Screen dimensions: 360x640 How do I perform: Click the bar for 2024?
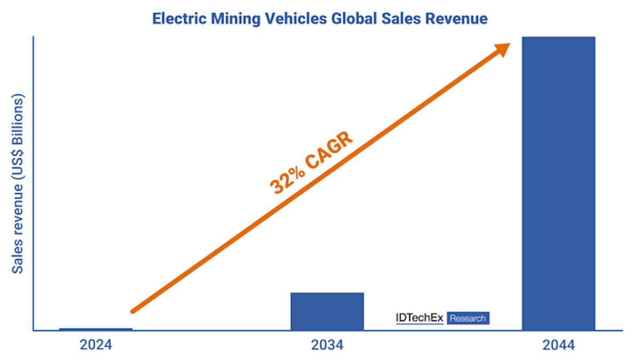click(96, 329)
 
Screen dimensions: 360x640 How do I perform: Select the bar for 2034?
click(327, 311)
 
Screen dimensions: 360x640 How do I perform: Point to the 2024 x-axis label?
click(96, 345)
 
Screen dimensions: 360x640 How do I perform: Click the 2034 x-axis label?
click(327, 345)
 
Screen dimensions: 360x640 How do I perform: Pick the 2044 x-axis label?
click(559, 345)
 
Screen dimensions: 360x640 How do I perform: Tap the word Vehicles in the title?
click(291, 19)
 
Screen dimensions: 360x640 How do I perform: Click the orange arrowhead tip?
click(508, 45)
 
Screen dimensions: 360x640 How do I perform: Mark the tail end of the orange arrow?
click(133, 311)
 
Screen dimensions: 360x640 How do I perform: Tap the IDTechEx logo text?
click(419, 318)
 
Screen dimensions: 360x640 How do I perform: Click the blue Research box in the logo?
click(468, 318)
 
